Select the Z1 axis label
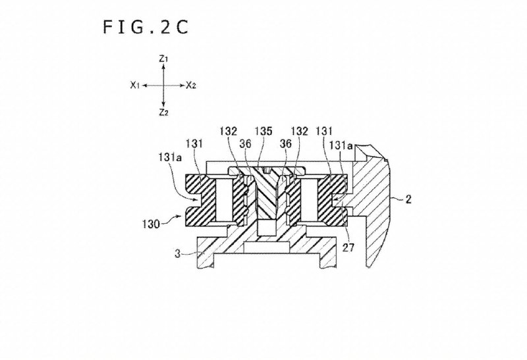pyautogui.click(x=164, y=59)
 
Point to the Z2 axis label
pyautogui.click(x=164, y=112)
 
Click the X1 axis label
pyautogui.click(x=134, y=85)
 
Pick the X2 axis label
pyautogui.click(x=191, y=85)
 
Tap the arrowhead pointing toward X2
pyautogui.click(x=180, y=85)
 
